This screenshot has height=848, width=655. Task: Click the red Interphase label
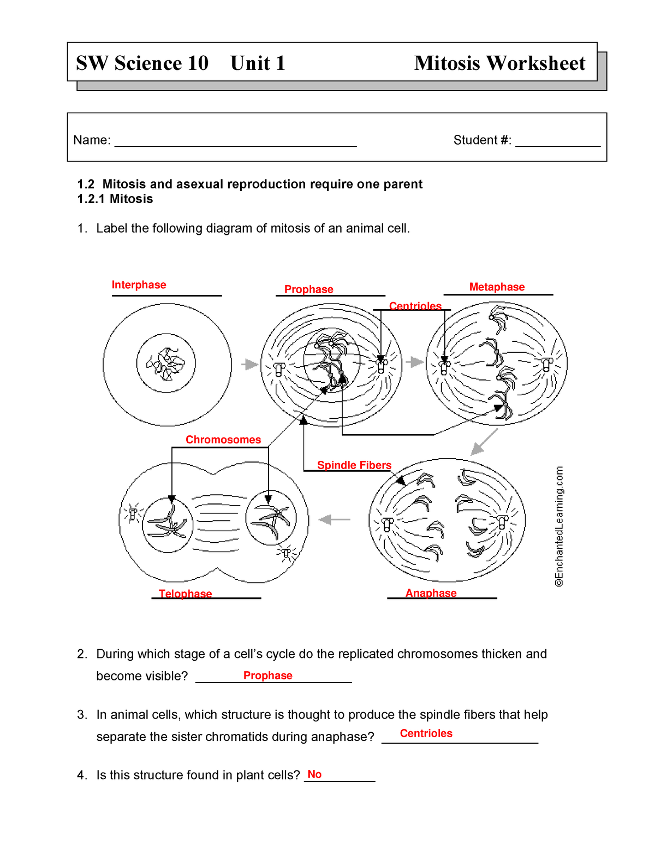pos(139,285)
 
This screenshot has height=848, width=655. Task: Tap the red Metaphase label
pos(497,287)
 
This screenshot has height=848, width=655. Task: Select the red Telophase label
pos(185,594)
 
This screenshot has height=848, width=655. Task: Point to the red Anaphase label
pos(431,593)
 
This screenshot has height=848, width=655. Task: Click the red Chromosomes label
pos(223,440)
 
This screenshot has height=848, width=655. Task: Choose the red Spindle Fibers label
pos(354,465)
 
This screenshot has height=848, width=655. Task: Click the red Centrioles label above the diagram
pos(415,306)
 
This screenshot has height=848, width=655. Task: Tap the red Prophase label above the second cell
pos(308,289)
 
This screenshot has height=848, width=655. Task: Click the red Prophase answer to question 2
pos(267,675)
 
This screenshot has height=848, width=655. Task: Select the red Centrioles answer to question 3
pos(426,733)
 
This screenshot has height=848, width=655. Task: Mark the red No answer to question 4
pos(314,774)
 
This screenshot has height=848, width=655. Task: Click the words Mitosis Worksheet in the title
pos(499,63)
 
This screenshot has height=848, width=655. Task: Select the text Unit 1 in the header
pos(258,63)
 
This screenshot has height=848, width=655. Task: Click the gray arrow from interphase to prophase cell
pos(250,364)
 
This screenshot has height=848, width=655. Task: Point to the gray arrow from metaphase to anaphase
pos(484,442)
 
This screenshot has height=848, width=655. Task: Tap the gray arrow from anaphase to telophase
pos(334,520)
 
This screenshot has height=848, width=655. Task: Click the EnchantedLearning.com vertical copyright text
pos(559,526)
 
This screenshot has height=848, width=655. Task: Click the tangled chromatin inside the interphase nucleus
pos(165,364)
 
